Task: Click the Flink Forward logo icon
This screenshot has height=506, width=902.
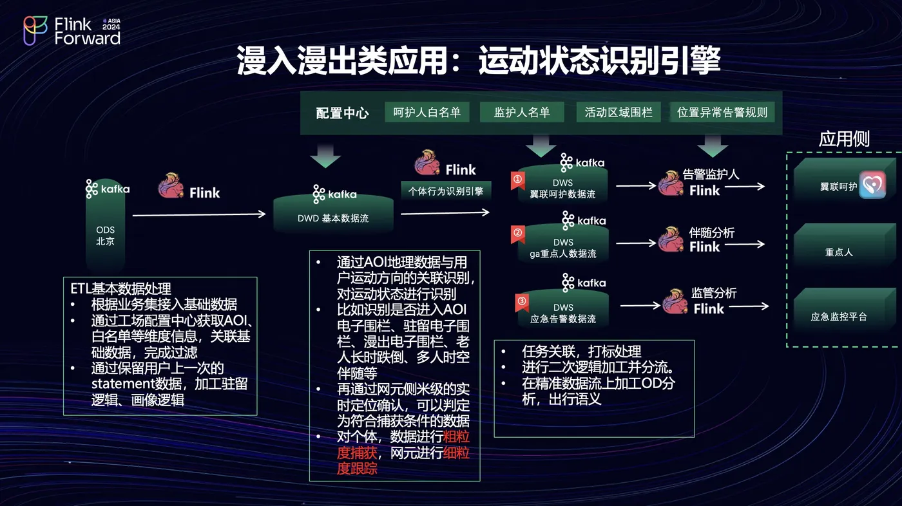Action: pyautogui.click(x=36, y=30)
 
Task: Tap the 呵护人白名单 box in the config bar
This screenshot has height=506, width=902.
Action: pyautogui.click(x=427, y=113)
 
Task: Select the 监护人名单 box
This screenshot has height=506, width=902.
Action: pyautogui.click(x=522, y=113)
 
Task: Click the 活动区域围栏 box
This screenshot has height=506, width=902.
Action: pyautogui.click(x=618, y=113)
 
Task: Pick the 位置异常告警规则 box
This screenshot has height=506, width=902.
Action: pyautogui.click(x=722, y=113)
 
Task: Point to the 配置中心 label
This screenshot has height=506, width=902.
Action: pyautogui.click(x=342, y=113)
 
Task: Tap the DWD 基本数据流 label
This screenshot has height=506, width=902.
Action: pyautogui.click(x=333, y=218)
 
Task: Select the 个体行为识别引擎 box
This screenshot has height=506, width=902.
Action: pyautogui.click(x=446, y=191)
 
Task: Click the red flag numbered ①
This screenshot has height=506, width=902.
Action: pyautogui.click(x=517, y=180)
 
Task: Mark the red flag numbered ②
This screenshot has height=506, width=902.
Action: pyautogui.click(x=517, y=232)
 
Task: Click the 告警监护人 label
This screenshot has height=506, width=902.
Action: pyautogui.click(x=711, y=174)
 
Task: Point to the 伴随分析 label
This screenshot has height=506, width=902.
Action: pyautogui.click(x=711, y=232)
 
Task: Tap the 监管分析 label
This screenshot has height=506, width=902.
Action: pyautogui.click(x=713, y=293)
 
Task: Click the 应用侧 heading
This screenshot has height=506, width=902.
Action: pyautogui.click(x=844, y=139)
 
